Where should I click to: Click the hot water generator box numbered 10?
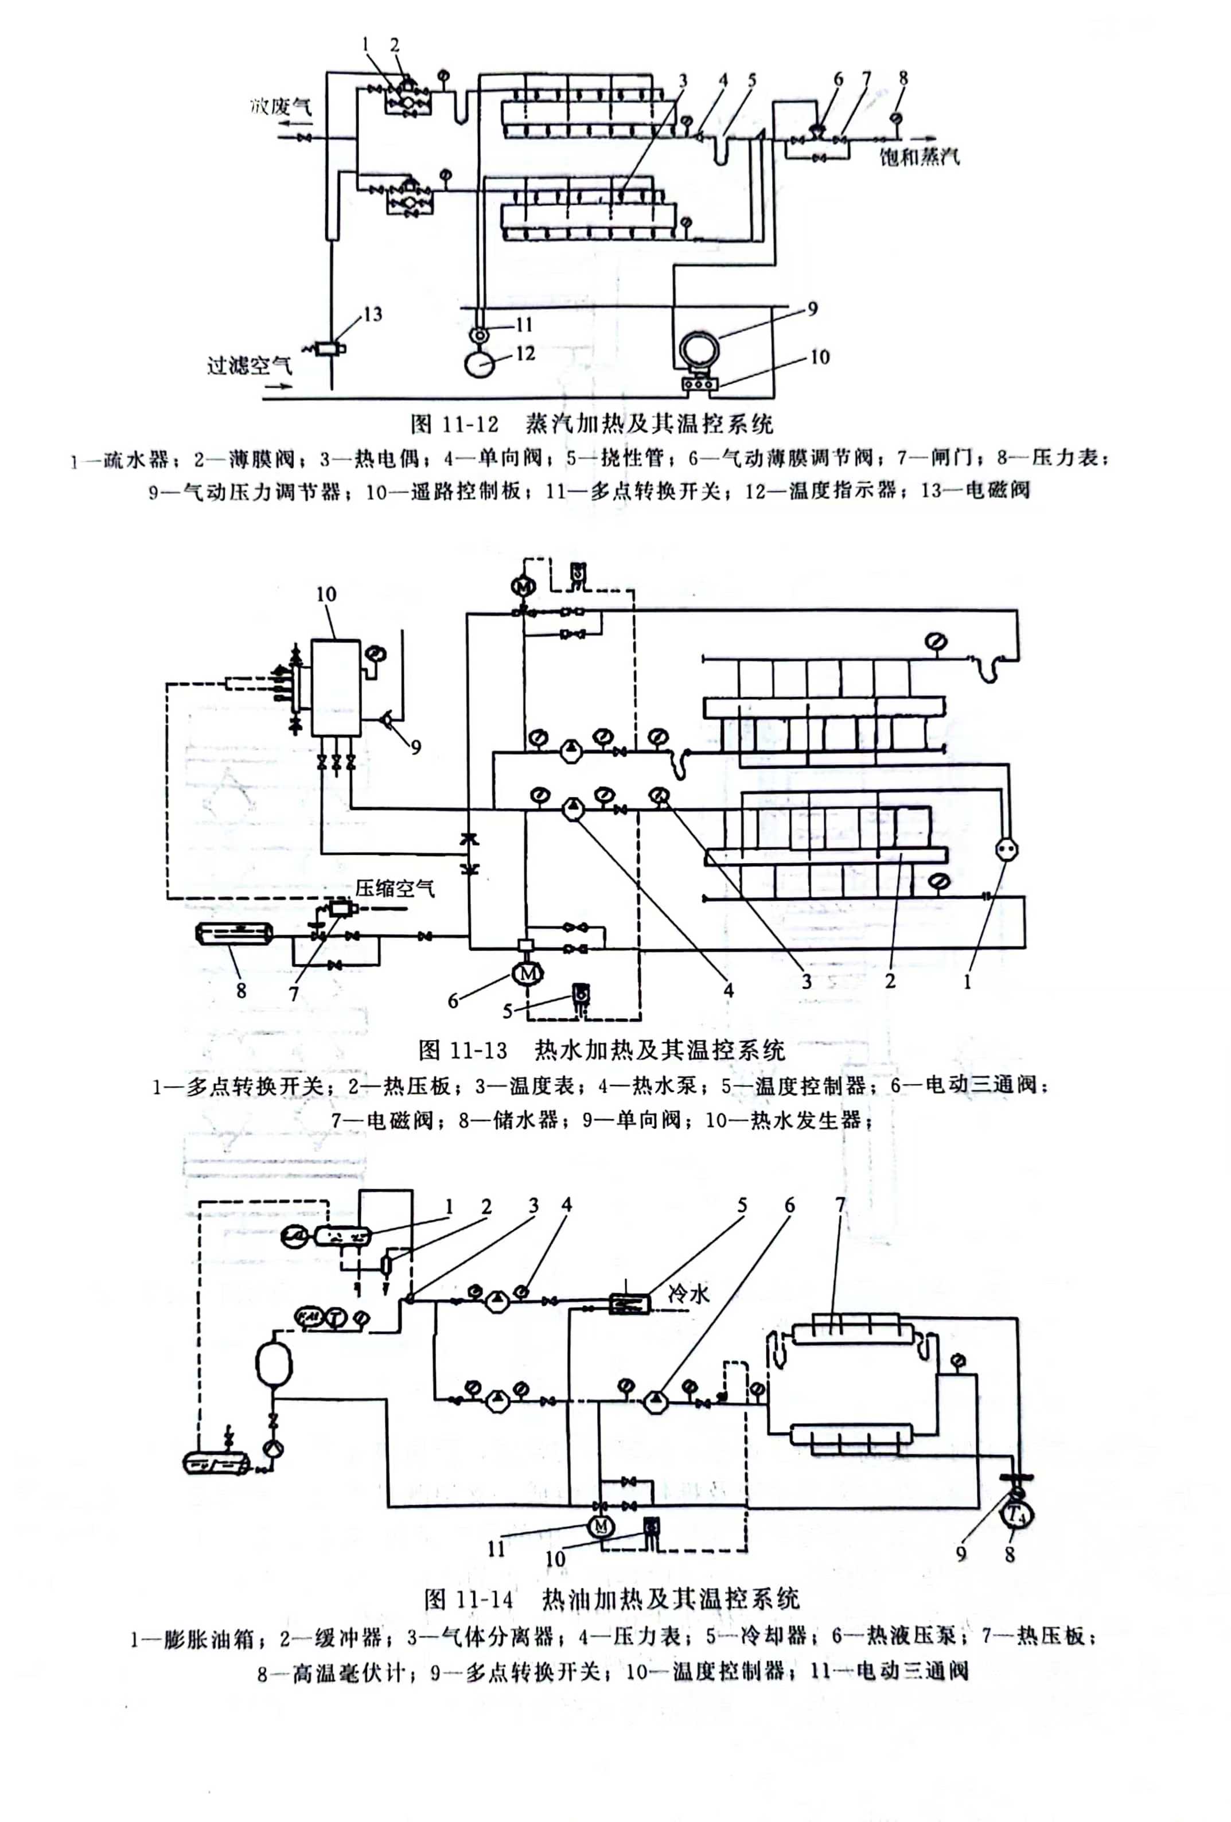[x=336, y=687]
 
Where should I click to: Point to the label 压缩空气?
[x=395, y=888]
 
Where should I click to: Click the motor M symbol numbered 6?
[x=527, y=973]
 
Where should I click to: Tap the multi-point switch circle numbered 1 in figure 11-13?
[x=1006, y=849]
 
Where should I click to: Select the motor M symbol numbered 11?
[x=601, y=1525]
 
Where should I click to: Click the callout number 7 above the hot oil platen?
[x=840, y=1204]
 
